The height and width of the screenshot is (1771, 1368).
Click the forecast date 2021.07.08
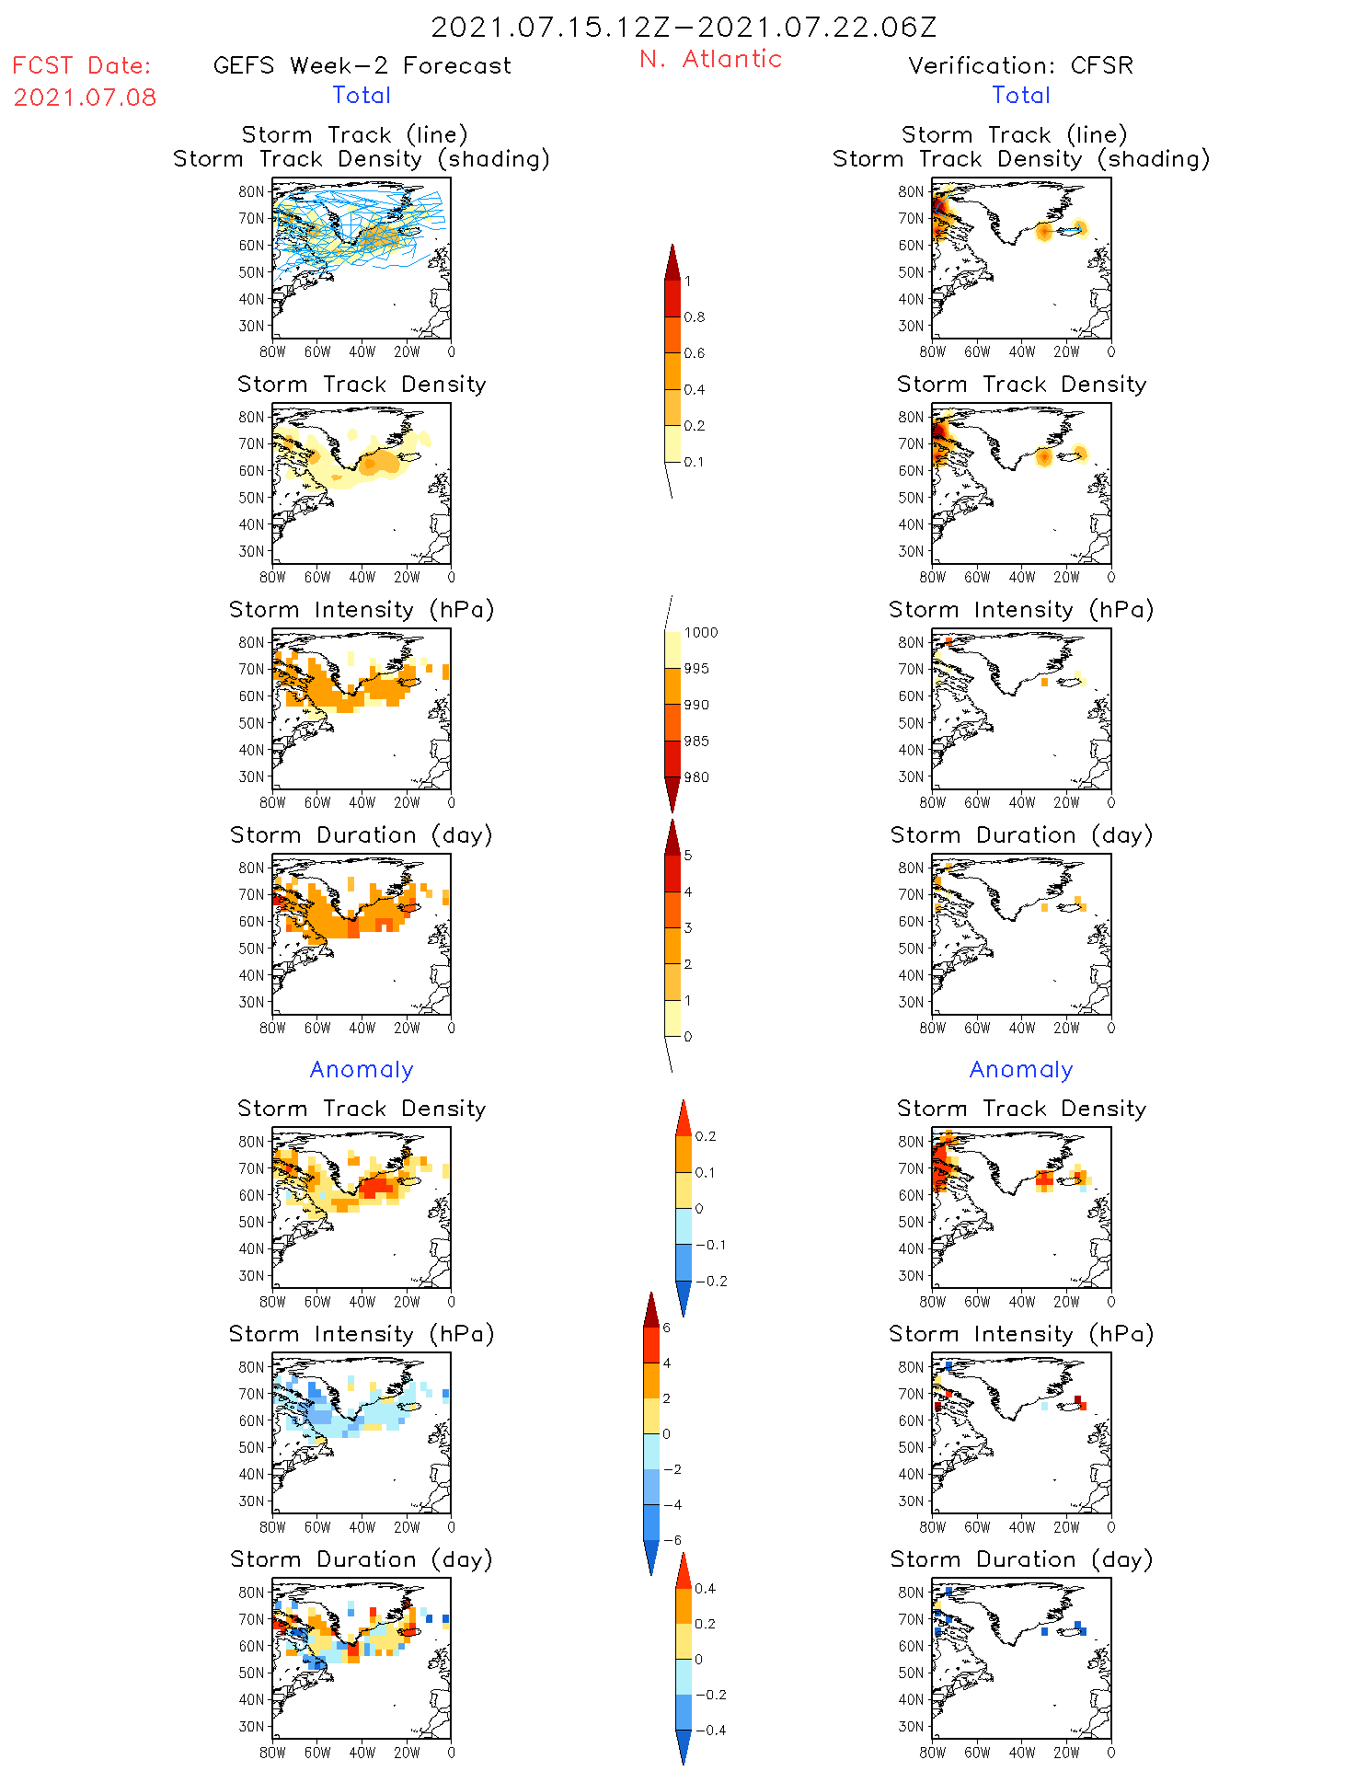click(x=85, y=98)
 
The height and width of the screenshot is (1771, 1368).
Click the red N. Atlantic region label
click(x=710, y=59)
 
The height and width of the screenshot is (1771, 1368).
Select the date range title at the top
click(x=684, y=27)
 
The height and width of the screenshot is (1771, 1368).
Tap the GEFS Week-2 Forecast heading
click(x=362, y=65)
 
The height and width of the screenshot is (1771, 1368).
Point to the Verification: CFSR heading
click(x=1020, y=65)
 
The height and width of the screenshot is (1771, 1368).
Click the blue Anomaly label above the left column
click(x=362, y=1069)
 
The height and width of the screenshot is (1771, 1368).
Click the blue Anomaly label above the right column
click(x=1021, y=1069)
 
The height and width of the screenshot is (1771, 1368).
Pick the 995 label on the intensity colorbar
click(x=696, y=669)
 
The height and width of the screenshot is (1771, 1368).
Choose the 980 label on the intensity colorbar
click(x=696, y=777)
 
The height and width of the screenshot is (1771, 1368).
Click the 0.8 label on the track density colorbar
click(x=695, y=317)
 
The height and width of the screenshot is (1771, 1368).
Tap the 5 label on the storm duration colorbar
click(x=688, y=856)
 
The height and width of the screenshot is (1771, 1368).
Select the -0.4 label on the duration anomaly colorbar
click(x=710, y=1730)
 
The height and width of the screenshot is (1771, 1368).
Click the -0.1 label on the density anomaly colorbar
click(x=710, y=1245)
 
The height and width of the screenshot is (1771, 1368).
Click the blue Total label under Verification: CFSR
click(x=1021, y=95)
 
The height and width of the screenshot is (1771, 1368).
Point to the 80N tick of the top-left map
click(x=251, y=191)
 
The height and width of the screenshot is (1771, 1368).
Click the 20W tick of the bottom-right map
click(x=1066, y=1753)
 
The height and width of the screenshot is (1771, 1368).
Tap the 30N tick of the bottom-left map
click(x=251, y=1726)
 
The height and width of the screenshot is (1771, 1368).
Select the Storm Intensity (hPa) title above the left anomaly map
click(x=362, y=1334)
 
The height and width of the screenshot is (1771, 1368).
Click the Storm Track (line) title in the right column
click(x=1014, y=134)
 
